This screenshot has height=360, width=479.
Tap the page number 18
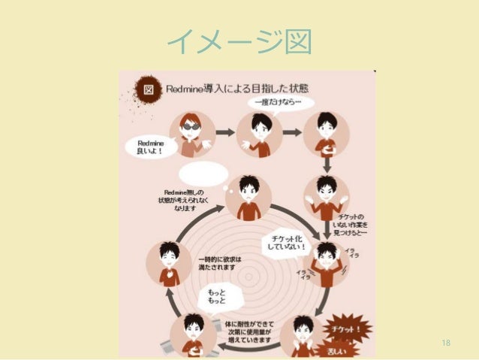coord(446,343)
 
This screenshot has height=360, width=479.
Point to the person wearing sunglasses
coord(190,132)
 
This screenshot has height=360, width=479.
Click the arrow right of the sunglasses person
coord(224,132)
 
